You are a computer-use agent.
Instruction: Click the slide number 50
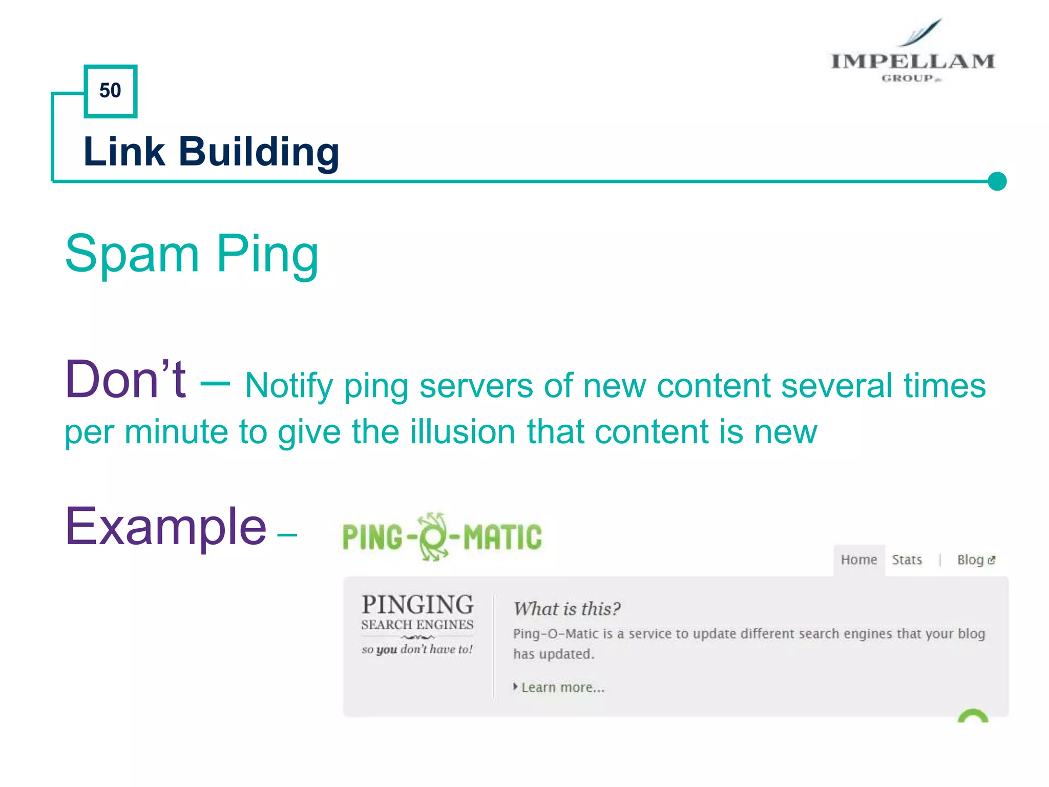(x=110, y=91)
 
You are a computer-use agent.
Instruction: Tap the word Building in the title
(x=259, y=153)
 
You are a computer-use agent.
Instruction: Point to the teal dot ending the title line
(x=997, y=181)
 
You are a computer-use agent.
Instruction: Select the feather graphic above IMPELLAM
(x=922, y=32)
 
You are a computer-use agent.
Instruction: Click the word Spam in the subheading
(x=132, y=254)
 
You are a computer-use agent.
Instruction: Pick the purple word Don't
(x=125, y=380)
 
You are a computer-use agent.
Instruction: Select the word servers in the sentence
(x=476, y=385)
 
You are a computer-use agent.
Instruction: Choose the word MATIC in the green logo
(x=502, y=537)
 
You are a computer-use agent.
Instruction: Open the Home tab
(x=859, y=560)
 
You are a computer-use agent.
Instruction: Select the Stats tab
(x=907, y=560)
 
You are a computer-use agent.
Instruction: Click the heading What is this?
(x=567, y=609)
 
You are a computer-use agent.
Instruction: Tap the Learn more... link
(x=562, y=688)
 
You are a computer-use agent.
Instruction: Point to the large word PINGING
(x=417, y=605)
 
